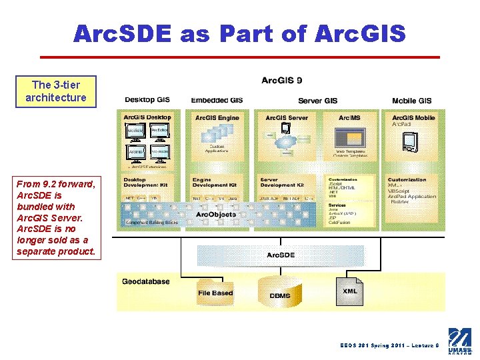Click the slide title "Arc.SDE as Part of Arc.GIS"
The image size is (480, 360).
239,33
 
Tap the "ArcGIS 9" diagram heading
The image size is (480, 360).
281,81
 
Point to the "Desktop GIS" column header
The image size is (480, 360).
147,101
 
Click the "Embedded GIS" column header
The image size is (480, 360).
217,101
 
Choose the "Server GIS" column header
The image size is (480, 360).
317,101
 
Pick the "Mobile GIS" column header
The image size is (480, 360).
411,101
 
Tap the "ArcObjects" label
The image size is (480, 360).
216,215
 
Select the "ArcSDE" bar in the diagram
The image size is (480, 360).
281,255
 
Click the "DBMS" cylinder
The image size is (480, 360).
280,294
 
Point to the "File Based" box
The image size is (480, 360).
215,293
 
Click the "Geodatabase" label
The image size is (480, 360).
145,281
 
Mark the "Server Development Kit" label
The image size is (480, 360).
281,182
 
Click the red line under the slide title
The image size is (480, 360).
240,57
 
